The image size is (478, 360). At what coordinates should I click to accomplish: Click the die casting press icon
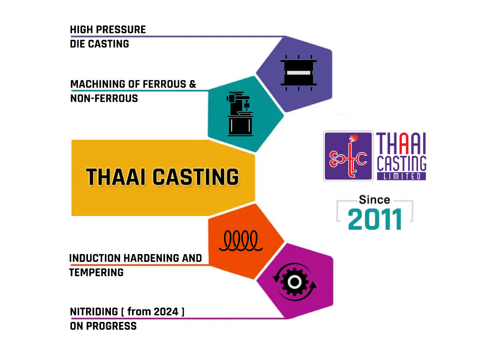pos(298,73)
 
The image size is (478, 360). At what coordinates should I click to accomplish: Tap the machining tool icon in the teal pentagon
pos(240,114)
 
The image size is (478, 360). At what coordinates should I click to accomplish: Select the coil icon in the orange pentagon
pos(241,241)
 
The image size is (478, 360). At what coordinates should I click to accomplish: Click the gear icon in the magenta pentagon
pos(295,282)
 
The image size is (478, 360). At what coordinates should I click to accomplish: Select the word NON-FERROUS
pos(104,98)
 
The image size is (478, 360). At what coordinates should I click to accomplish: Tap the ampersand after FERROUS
pos(192,84)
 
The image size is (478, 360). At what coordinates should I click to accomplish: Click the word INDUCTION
pos(95,258)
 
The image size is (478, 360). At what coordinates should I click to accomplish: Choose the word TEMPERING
pos(96,272)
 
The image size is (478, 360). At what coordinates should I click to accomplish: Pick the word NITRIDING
pos(94,312)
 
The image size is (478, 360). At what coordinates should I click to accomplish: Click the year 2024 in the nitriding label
pos(166,312)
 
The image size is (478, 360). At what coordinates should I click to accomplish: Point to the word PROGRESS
pos(111,326)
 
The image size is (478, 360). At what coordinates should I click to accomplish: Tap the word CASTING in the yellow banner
pos(196,177)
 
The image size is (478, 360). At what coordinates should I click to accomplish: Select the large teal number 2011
pos(375,219)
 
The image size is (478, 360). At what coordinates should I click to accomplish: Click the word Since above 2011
pos(375,199)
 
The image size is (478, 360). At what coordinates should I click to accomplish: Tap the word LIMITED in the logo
pos(401,177)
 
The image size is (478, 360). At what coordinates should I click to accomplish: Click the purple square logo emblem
pos(348,156)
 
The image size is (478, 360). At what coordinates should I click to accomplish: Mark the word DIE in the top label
pos(77,44)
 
